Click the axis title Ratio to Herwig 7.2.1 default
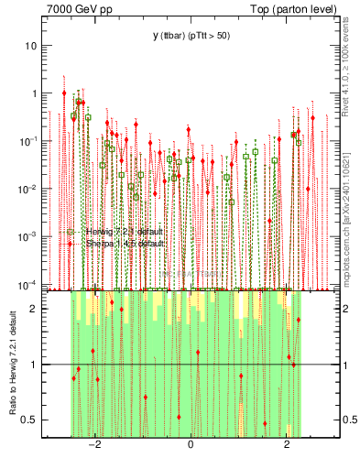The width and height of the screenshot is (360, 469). coord(14,363)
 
